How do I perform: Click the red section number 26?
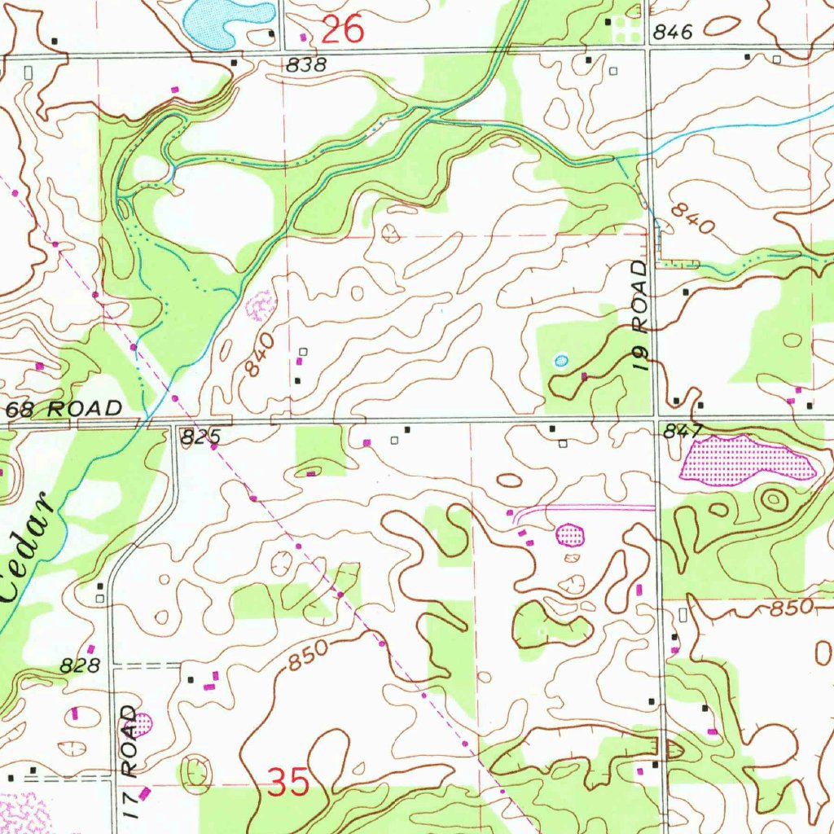342,31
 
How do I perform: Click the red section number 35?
289,784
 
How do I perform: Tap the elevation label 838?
305,65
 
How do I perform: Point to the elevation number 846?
673,33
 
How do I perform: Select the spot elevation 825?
195,438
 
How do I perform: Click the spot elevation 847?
677,432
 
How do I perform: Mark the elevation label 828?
80,666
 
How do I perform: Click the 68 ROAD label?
64,408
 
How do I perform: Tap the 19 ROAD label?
643,316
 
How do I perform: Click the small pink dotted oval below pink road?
570,534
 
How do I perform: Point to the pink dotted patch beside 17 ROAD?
143,722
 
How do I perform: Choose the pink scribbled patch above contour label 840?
261,305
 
